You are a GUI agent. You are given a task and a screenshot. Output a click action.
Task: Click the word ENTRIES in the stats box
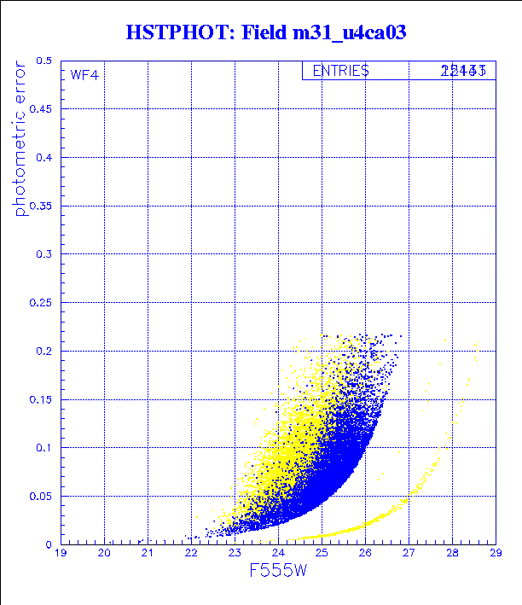pos(340,71)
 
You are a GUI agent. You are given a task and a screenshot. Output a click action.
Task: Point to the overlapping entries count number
pos(463,71)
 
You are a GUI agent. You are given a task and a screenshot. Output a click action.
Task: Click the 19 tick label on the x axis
pos(61,555)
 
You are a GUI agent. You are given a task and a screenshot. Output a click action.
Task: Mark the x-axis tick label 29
pos(495,555)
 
